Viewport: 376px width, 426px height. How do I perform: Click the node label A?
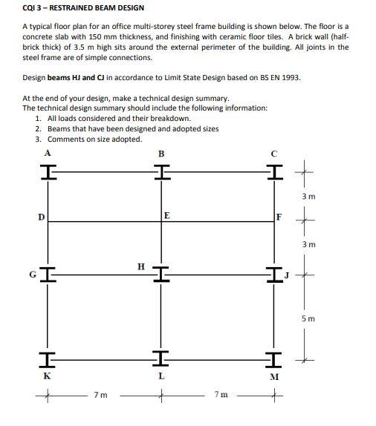[x=48, y=152]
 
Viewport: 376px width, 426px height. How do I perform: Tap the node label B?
[x=161, y=154]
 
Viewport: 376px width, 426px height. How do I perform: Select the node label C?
[x=275, y=154]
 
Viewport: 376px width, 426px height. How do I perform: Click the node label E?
[x=166, y=215]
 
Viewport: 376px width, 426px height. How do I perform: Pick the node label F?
[x=279, y=217]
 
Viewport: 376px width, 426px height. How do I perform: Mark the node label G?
[x=32, y=274]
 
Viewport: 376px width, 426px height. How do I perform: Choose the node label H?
[x=141, y=264]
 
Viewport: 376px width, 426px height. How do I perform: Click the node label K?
[x=46, y=376]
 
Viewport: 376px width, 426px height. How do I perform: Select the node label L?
[x=161, y=376]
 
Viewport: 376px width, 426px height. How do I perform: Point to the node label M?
[x=274, y=376]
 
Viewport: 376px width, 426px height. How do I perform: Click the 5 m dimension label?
[x=308, y=318]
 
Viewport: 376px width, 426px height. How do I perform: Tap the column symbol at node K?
[x=48, y=359]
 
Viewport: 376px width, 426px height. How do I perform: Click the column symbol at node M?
[x=273, y=359]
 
